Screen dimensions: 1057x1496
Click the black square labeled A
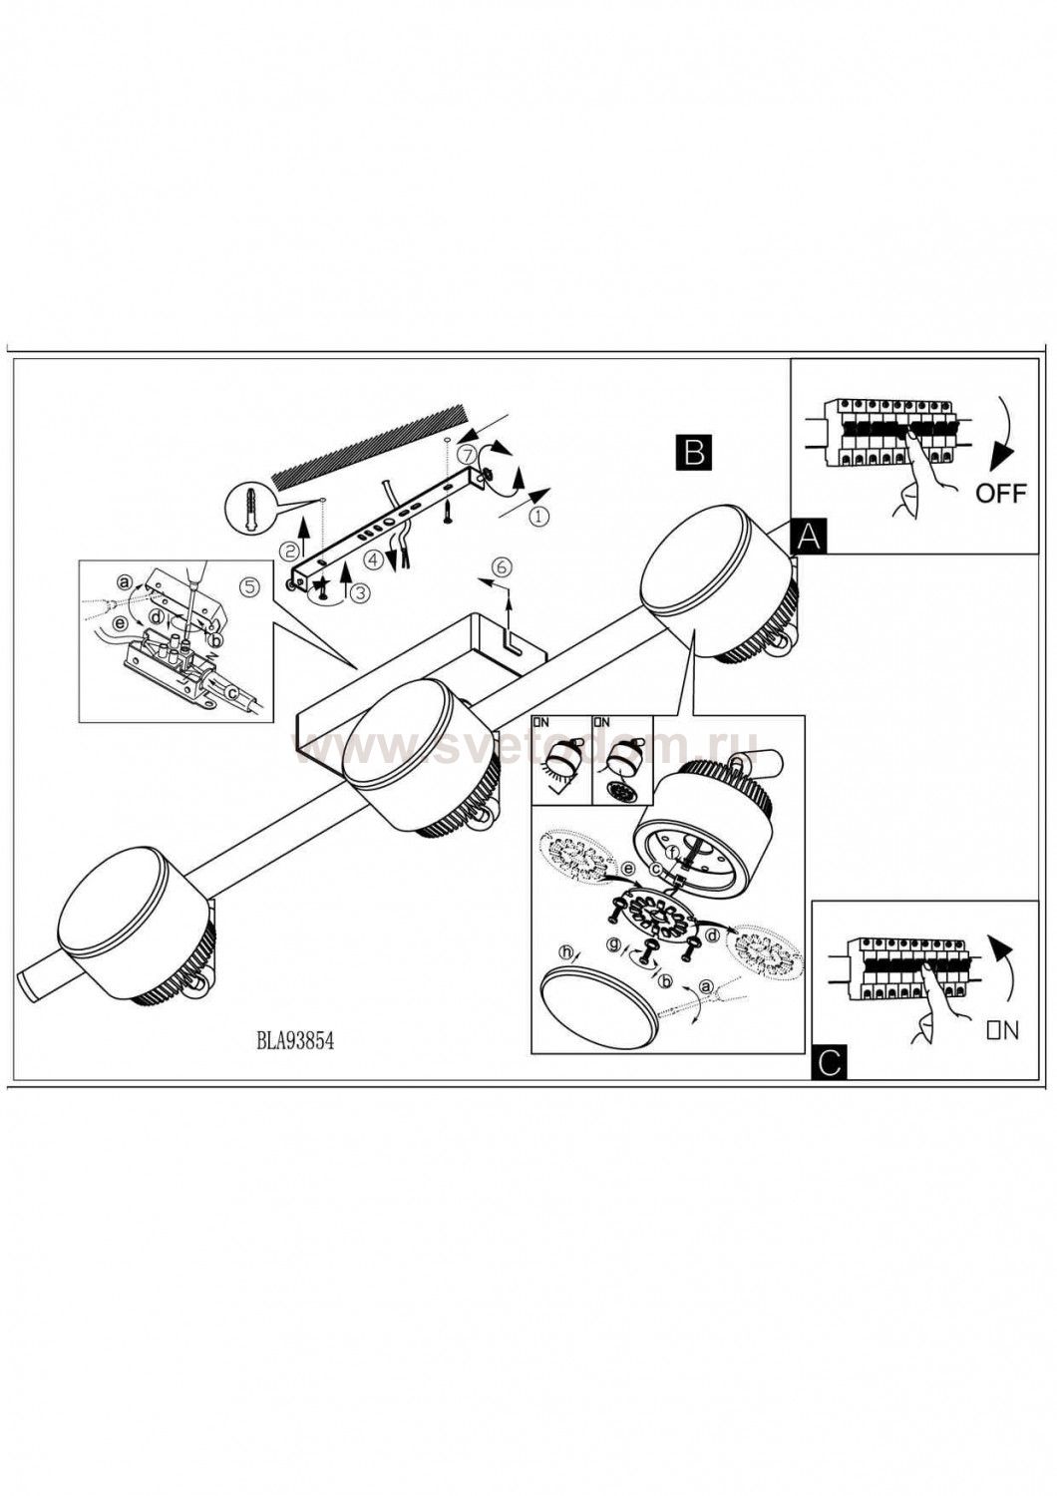click(x=808, y=536)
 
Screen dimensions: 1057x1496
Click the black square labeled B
click(x=694, y=453)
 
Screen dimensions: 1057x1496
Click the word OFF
click(x=1000, y=494)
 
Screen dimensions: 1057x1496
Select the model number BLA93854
click(x=294, y=1042)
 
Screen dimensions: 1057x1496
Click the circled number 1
click(x=538, y=516)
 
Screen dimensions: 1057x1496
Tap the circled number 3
click(x=363, y=590)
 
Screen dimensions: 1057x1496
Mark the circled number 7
click(x=467, y=455)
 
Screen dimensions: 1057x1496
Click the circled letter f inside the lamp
click(x=674, y=852)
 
